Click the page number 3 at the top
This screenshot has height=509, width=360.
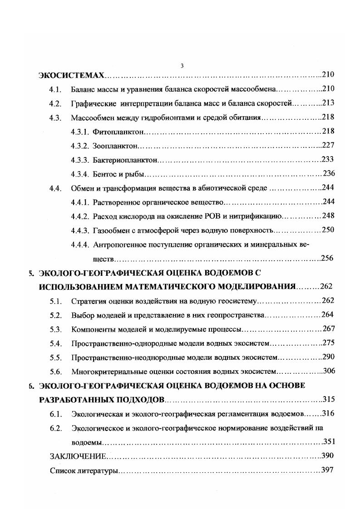(x=182, y=66)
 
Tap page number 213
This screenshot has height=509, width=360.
(x=327, y=103)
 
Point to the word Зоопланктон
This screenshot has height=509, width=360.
(x=115, y=146)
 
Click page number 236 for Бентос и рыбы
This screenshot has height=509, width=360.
(x=328, y=174)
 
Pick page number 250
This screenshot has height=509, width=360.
(x=327, y=230)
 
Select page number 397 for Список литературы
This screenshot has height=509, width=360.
(x=327, y=470)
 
